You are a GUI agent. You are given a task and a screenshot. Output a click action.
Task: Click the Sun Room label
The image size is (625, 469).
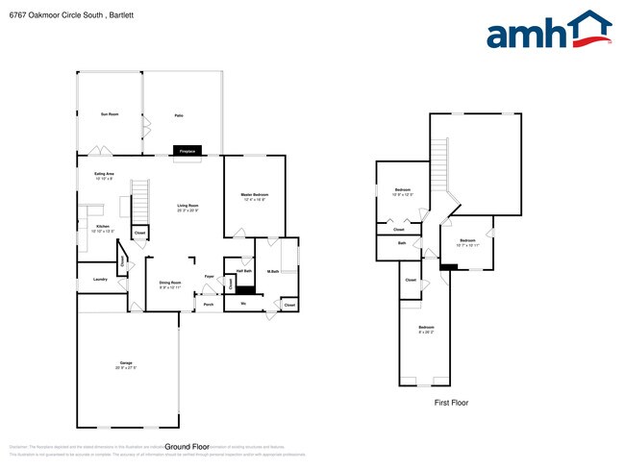coord(110,114)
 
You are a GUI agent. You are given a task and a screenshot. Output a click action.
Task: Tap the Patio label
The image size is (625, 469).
coord(179,115)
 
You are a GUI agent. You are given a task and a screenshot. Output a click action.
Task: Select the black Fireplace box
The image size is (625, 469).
coord(187,151)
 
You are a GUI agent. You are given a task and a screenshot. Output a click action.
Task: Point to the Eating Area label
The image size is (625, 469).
coord(105,174)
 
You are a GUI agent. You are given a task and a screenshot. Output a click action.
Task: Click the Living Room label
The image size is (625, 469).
coord(187,207)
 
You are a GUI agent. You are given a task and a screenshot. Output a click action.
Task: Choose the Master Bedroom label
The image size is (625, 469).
coord(254,195)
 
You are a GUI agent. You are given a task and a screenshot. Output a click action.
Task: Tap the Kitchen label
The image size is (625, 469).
coord(102,228)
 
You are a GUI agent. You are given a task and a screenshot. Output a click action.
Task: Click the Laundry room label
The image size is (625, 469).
coord(99,279)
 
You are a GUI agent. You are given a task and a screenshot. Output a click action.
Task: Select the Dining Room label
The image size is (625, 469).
coord(170,283)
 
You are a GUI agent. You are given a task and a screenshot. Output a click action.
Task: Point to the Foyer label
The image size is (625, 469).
coord(209,277)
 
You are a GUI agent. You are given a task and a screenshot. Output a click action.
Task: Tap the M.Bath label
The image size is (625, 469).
coord(273,272)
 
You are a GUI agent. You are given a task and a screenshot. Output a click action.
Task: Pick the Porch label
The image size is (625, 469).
coord(209,307)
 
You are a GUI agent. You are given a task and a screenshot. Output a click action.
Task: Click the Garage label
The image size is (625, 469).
coord(126,364)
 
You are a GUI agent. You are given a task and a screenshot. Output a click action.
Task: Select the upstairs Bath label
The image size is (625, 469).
coord(402,243)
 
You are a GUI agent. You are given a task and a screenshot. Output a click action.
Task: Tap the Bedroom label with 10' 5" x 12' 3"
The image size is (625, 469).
coord(403,190)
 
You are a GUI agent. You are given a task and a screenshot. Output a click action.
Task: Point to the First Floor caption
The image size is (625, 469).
coord(451,403)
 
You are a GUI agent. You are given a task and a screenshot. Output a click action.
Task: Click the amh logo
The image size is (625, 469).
coord(548,31)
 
